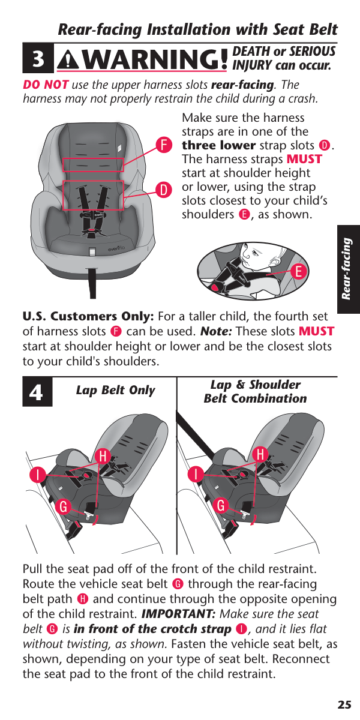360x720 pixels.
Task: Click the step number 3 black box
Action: point(38,58)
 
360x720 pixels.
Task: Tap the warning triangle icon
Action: point(68,60)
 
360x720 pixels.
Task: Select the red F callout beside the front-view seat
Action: point(164,145)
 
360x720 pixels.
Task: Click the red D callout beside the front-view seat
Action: point(164,190)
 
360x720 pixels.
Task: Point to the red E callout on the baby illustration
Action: point(299,272)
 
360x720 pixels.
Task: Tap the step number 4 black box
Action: point(37,392)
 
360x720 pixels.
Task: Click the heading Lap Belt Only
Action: point(115,390)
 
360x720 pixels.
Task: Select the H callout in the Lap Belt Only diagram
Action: point(103,456)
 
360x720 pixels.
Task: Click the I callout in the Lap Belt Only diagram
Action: point(38,475)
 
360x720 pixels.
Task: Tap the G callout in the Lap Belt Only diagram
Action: point(64,506)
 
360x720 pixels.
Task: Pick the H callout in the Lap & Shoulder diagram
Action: point(260,455)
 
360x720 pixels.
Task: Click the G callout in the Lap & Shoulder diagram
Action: point(221,505)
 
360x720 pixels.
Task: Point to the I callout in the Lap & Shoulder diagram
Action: point(196,474)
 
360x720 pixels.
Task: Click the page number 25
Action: point(344,704)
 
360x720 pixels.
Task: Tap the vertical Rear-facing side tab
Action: point(349,269)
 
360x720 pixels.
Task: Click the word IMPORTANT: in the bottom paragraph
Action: point(178,614)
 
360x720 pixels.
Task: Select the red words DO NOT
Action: point(46,85)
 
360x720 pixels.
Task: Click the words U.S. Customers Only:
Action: point(88,317)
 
